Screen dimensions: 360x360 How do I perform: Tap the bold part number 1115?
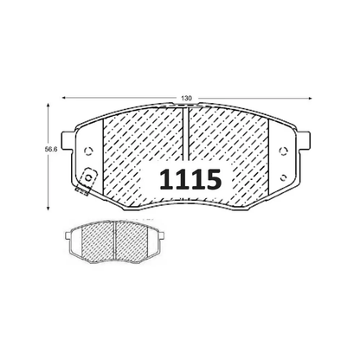190,180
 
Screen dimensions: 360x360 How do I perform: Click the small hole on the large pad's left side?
89,151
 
